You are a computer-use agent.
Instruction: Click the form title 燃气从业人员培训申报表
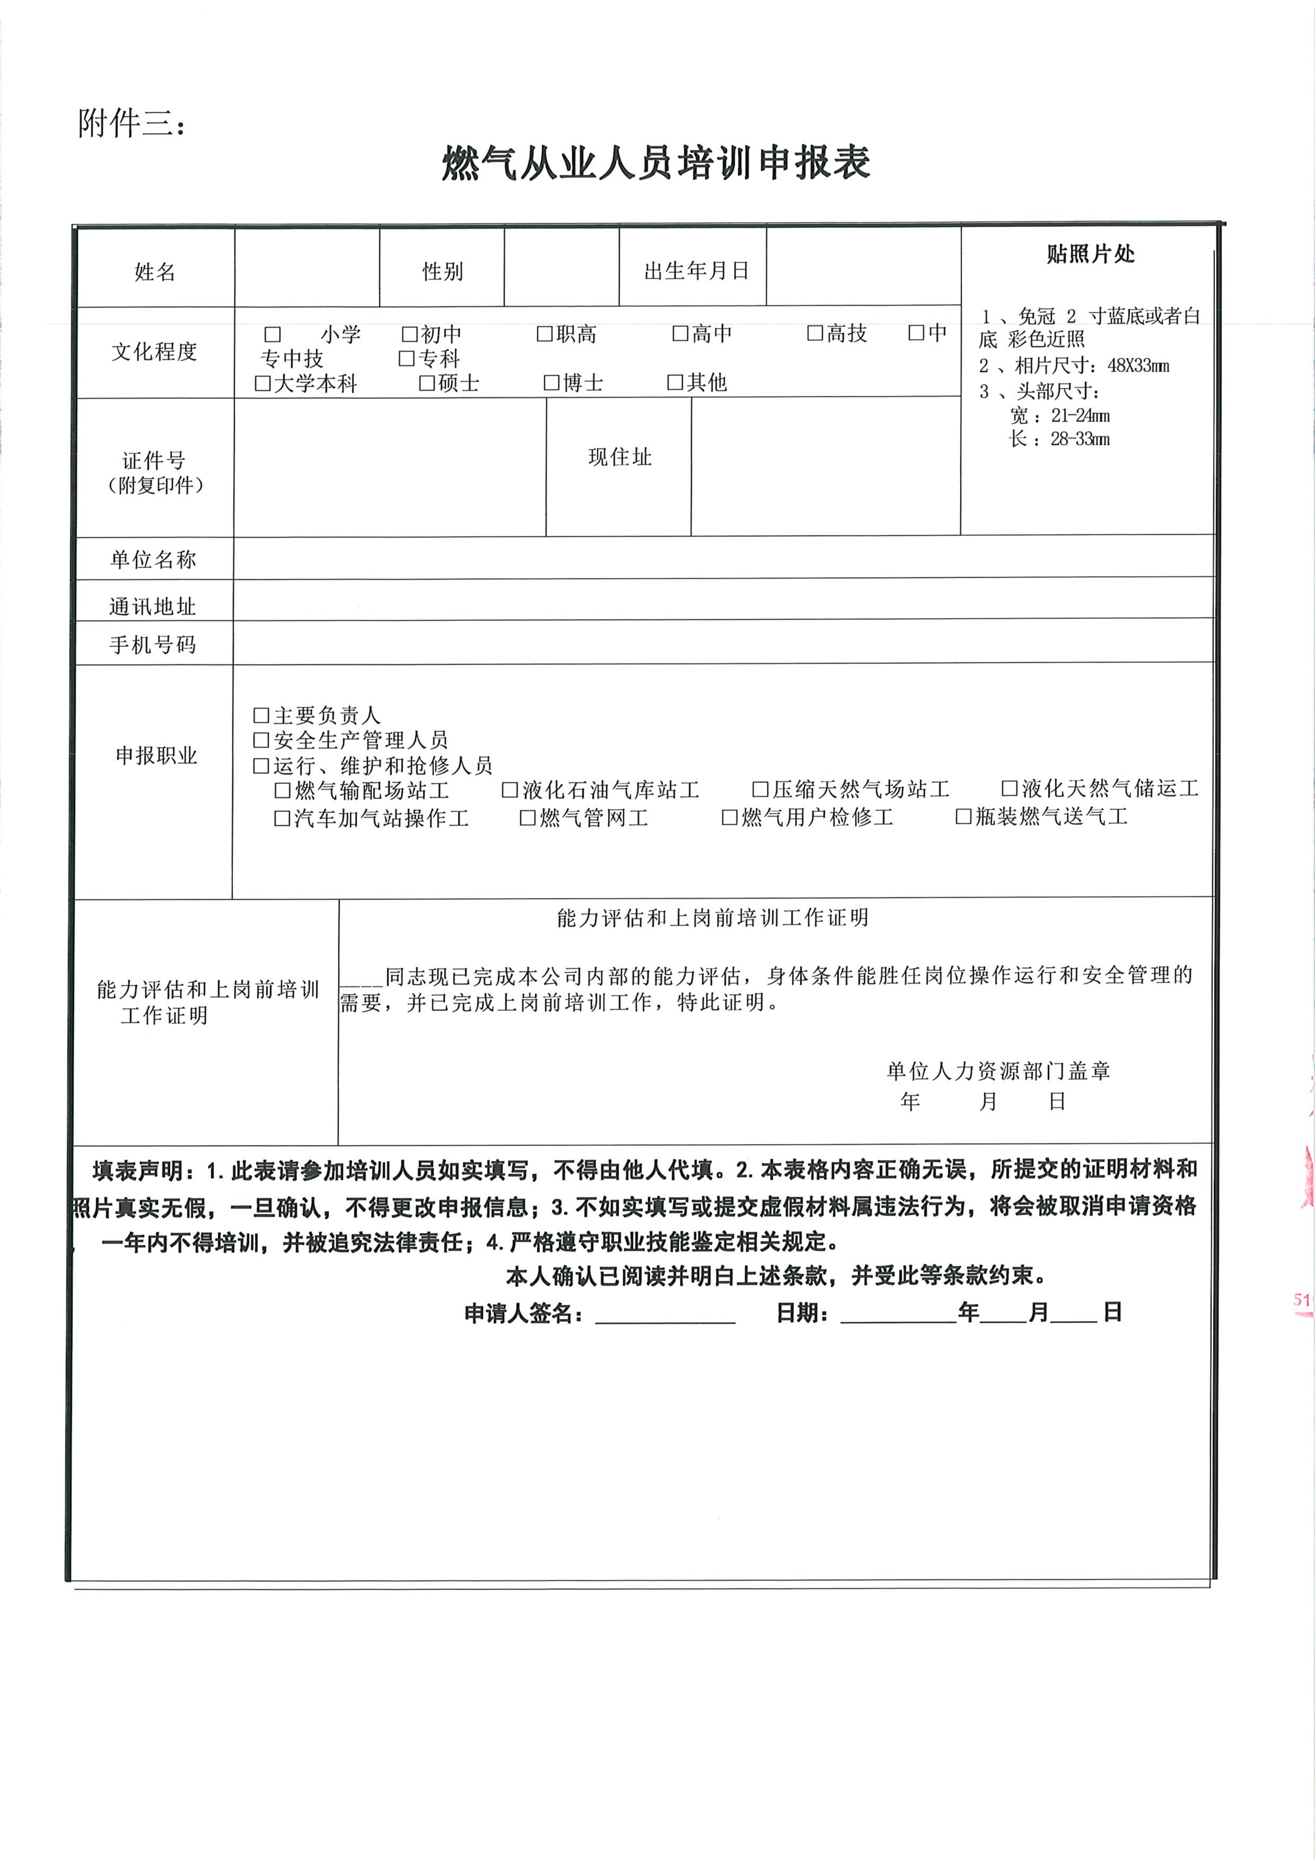(656, 163)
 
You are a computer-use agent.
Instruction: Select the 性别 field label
(442, 271)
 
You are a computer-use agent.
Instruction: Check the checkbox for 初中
(410, 334)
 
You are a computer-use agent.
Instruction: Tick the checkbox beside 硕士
(427, 383)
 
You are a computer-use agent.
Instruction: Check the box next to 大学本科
(263, 383)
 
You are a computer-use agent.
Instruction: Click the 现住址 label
(620, 457)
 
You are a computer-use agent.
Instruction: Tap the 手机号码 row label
(153, 645)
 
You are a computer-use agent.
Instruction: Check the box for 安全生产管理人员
(261, 739)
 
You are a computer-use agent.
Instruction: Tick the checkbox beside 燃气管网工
(527, 818)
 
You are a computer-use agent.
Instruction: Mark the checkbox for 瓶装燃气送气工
(963, 816)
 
